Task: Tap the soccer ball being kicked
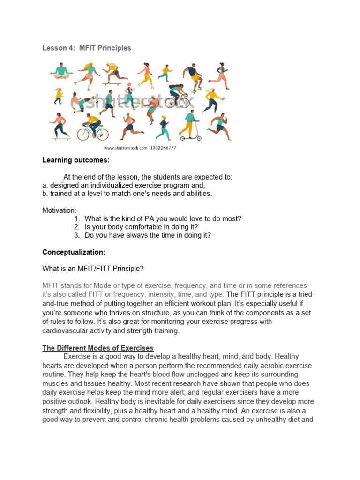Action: [x=93, y=98]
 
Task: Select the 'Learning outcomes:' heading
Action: [x=75, y=160]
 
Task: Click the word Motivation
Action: [x=59, y=210]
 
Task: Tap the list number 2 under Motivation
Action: [x=77, y=227]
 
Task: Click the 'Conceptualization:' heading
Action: [x=74, y=252]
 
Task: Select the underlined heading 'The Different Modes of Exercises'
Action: [x=98, y=348]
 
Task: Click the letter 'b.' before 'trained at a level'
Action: [x=45, y=194]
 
